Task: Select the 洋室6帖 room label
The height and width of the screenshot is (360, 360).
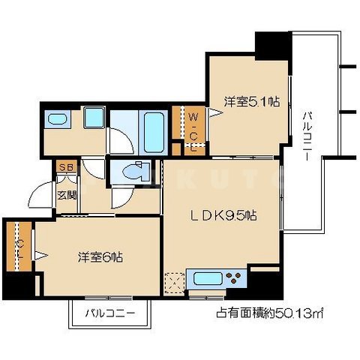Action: point(99,256)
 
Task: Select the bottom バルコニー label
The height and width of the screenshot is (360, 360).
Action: point(109,313)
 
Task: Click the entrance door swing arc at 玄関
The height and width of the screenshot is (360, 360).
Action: point(41,196)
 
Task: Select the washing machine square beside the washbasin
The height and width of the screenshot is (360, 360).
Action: point(94,118)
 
